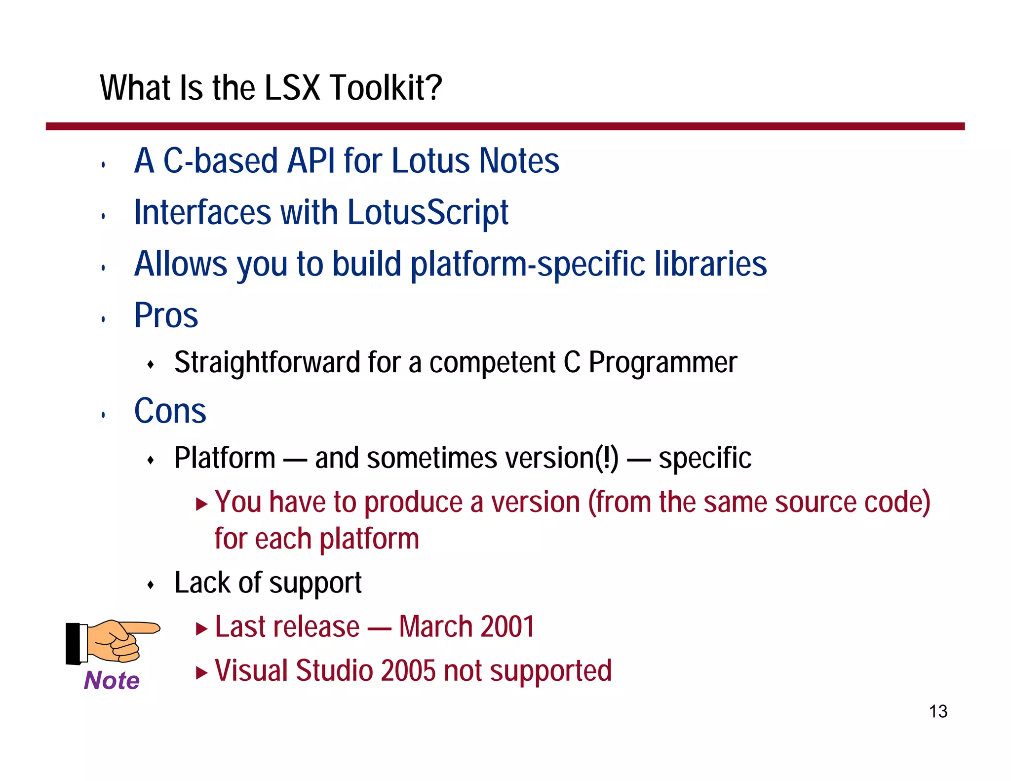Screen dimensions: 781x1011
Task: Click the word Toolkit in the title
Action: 385,88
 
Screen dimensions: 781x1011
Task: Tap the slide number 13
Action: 938,711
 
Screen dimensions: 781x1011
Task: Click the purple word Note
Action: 112,680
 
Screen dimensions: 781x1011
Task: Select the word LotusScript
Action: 428,212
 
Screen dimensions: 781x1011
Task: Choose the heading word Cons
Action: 170,411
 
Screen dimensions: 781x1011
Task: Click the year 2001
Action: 507,627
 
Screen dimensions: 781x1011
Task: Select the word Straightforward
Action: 267,362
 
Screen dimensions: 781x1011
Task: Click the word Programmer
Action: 662,362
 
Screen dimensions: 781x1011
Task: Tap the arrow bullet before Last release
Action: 201,628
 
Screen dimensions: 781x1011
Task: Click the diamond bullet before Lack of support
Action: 151,586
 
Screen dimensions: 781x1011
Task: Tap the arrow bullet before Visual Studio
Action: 201,672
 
